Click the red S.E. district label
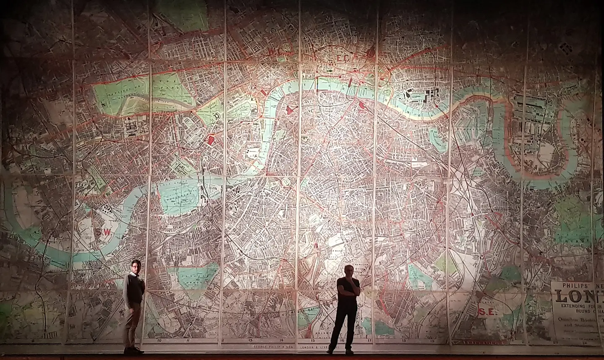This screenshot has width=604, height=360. [484, 312]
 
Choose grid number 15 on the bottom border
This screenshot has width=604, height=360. [313, 341]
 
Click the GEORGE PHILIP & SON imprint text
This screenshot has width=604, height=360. [273, 347]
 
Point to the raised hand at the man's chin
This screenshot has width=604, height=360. [357, 286]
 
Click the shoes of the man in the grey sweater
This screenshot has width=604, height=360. [133, 350]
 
